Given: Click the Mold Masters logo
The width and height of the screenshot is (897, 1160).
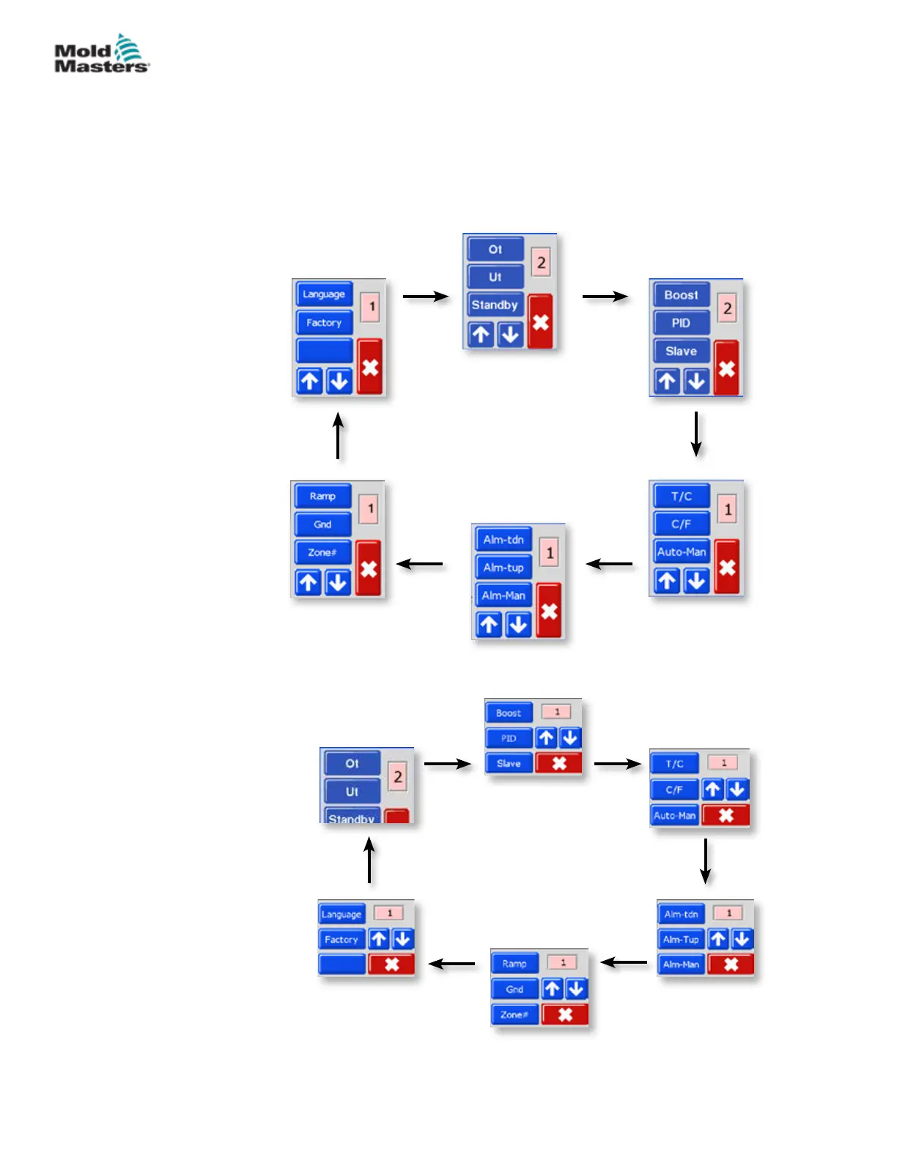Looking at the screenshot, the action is [x=102, y=54].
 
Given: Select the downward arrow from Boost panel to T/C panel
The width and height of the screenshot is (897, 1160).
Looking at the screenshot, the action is [x=696, y=434].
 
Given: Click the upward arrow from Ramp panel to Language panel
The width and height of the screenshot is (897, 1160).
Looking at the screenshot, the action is [x=338, y=436].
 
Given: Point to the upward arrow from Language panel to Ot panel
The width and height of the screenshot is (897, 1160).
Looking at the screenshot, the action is [x=369, y=860].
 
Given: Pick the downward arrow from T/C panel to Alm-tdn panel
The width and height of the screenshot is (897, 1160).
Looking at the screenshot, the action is [x=706, y=861].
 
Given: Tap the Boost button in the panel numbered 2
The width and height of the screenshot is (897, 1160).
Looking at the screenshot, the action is [x=681, y=295].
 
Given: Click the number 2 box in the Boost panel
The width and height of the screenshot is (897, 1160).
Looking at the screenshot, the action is [x=727, y=308].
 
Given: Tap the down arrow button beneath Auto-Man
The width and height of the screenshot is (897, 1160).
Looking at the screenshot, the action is [x=696, y=581].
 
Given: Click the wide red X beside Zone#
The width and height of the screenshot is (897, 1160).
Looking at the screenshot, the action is [x=565, y=1014].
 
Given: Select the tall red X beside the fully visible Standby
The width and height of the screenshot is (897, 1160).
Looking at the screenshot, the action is [x=540, y=322].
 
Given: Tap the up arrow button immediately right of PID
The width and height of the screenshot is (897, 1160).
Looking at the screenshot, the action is [x=546, y=738].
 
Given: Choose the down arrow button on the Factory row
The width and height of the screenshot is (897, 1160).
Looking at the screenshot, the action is [x=402, y=939].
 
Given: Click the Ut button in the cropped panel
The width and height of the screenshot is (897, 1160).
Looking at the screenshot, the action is [x=352, y=792].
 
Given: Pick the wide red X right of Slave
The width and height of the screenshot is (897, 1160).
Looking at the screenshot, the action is [x=559, y=763].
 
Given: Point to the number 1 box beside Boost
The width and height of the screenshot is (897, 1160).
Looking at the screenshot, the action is [x=556, y=712].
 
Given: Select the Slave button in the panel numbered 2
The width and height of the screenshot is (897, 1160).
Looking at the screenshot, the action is [x=681, y=352].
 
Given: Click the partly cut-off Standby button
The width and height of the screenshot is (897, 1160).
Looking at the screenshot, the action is [x=352, y=817].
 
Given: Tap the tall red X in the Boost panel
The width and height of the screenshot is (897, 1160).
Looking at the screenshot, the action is [x=726, y=368].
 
